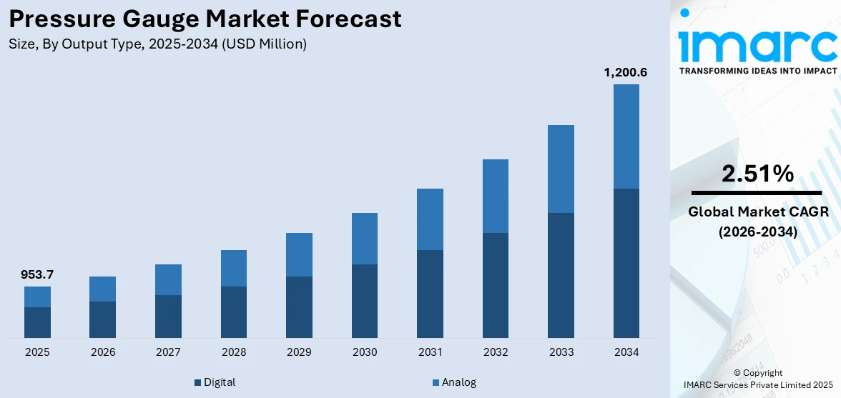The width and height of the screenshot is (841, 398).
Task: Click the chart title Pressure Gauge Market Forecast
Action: pyautogui.click(x=205, y=19)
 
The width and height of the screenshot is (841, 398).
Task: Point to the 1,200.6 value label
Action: pyautogui.click(x=626, y=72)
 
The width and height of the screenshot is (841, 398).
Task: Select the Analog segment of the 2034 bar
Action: pyautogui.click(x=626, y=136)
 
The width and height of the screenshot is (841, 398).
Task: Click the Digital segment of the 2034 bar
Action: pyautogui.click(x=626, y=263)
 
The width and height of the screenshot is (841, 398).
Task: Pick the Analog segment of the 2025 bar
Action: pyautogui.click(x=37, y=297)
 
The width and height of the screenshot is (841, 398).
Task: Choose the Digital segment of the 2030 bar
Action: pyautogui.click(x=365, y=301)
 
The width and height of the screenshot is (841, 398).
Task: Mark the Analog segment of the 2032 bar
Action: pyautogui.click(x=496, y=196)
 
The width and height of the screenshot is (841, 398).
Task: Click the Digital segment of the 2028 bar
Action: pyautogui.click(x=234, y=312)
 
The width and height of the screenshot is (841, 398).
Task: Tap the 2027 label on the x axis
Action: pyautogui.click(x=168, y=352)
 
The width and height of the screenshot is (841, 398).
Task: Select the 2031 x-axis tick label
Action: pyautogui.click(x=430, y=352)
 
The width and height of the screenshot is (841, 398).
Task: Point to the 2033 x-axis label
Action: pyautogui.click(x=561, y=352)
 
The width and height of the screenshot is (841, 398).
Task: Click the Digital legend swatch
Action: pyautogui.click(x=198, y=383)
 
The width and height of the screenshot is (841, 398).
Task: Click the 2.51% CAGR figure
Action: pyautogui.click(x=757, y=174)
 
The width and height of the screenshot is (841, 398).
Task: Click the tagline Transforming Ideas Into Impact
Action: pyautogui.click(x=757, y=71)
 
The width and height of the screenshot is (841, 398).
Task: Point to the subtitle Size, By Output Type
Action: pyautogui.click(x=157, y=44)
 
